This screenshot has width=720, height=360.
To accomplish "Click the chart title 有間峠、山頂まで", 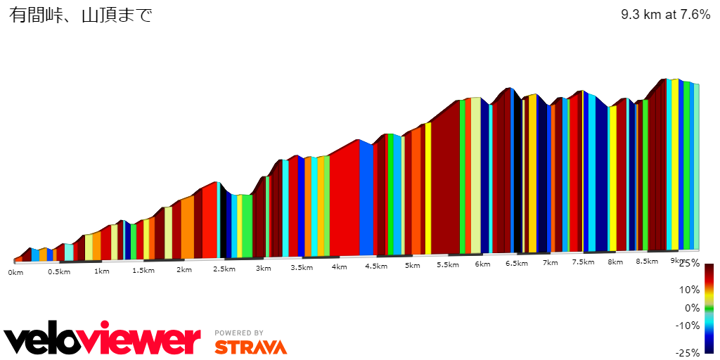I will pyautogui.click(x=81, y=15).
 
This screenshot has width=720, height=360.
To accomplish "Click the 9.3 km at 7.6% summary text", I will pyautogui.click(x=665, y=15).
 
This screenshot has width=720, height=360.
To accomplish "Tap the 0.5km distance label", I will pyautogui.click(x=59, y=272).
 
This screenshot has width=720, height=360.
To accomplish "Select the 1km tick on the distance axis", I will pyautogui.click(x=101, y=271).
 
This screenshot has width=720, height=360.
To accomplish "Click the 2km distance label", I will pyautogui.click(x=184, y=270).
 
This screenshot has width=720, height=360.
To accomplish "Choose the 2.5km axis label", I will pyautogui.click(x=224, y=269).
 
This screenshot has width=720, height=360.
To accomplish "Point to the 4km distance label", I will pyautogui.click(x=339, y=267).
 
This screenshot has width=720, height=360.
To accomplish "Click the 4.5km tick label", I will pyautogui.click(x=376, y=266).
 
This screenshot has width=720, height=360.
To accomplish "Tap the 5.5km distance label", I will pyautogui.click(x=448, y=265).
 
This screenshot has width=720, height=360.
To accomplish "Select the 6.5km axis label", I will pyautogui.click(x=517, y=264).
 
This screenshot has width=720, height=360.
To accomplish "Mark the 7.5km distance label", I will pyautogui.click(x=583, y=262).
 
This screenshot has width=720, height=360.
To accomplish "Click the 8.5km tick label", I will pyautogui.click(x=647, y=261).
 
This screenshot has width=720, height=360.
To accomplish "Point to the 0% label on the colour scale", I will pyautogui.click(x=692, y=308).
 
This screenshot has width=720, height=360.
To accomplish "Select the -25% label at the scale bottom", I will pyautogui.click(x=688, y=353).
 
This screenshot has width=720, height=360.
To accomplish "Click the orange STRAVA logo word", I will pyautogui.click(x=250, y=347).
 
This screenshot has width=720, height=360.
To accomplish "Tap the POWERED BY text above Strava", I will pyautogui.click(x=239, y=333).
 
